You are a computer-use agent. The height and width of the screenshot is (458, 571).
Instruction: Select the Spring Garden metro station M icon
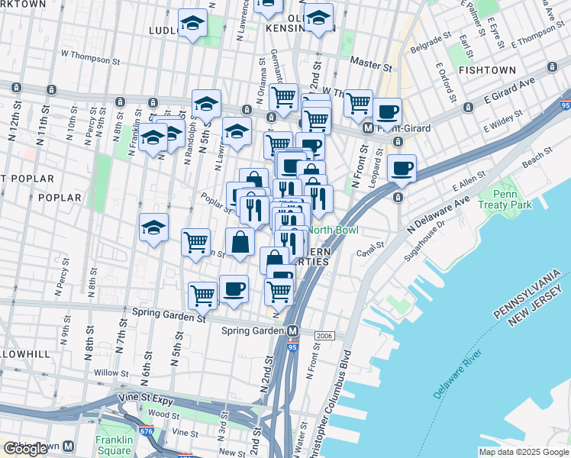click(293, 331)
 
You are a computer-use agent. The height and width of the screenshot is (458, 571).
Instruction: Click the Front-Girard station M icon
click(368, 129)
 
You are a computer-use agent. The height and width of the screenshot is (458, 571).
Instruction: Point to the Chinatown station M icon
click(68, 447)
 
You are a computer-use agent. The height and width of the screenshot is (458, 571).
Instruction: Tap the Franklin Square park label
click(115, 444)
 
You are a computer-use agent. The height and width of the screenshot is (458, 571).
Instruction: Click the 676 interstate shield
click(147, 431)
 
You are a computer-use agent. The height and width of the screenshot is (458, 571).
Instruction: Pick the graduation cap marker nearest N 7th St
click(153, 227)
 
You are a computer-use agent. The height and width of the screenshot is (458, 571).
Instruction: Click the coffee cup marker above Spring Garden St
click(234, 290)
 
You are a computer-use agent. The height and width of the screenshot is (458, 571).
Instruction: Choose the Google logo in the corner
click(26, 449)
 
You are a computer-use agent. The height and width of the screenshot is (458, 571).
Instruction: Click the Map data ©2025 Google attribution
click(523, 452)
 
